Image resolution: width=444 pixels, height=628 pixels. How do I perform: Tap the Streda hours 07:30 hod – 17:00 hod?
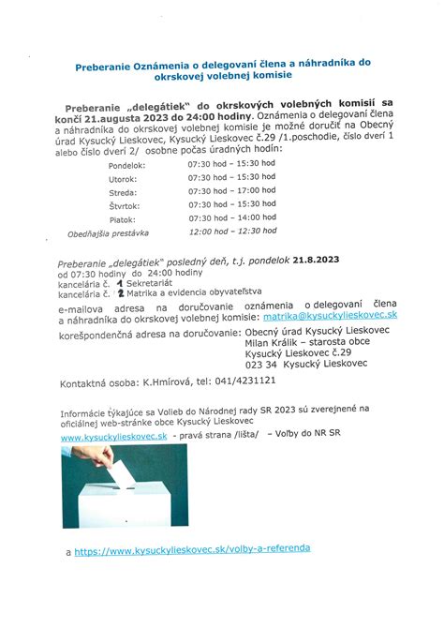[231, 190]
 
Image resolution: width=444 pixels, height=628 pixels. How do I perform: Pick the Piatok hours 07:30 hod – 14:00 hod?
[231, 217]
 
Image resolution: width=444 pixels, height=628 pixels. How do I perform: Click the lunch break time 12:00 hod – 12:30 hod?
[232, 231]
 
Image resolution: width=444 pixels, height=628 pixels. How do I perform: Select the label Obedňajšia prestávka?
[108, 232]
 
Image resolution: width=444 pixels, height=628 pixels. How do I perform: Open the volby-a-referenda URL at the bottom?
[192, 549]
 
